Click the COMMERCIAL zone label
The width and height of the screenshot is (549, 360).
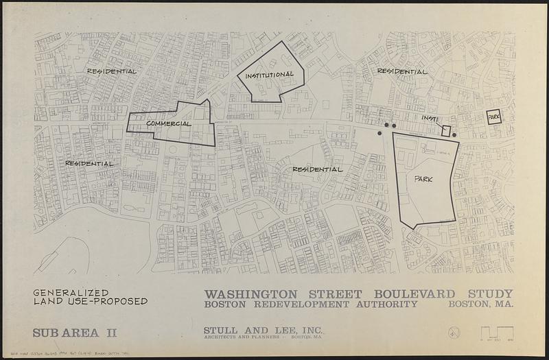tap(167, 123)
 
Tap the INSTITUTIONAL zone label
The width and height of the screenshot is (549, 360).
tap(270, 74)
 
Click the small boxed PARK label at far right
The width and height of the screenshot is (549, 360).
tap(494, 118)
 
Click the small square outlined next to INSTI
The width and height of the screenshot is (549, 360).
tap(445, 130)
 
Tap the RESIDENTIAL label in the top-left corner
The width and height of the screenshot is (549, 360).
tap(111, 71)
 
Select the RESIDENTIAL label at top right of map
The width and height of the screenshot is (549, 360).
tap(402, 71)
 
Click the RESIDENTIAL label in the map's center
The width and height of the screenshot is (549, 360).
tap(317, 169)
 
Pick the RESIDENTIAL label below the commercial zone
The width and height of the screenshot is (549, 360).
tap(89, 164)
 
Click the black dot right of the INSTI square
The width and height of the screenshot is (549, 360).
tap(454, 135)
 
